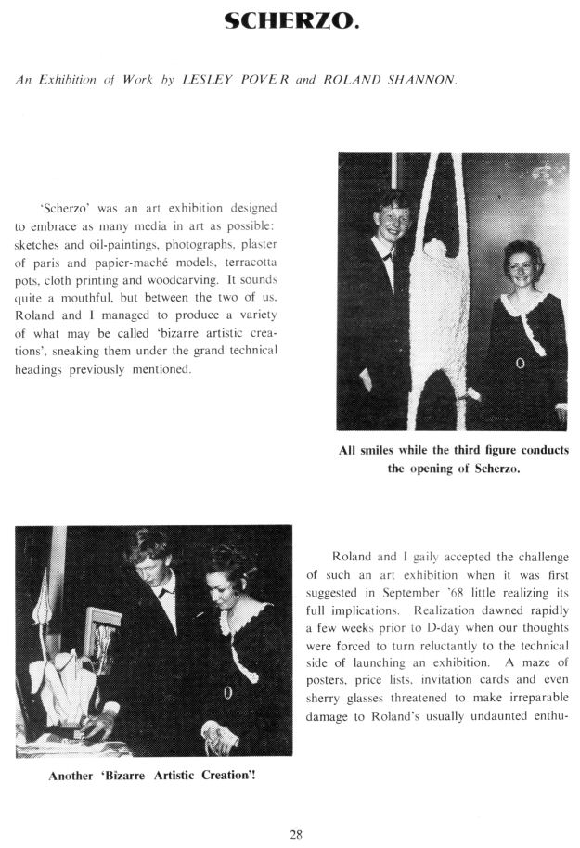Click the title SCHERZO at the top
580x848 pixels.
coord(290,19)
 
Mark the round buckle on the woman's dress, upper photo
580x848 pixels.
coord(520,363)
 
